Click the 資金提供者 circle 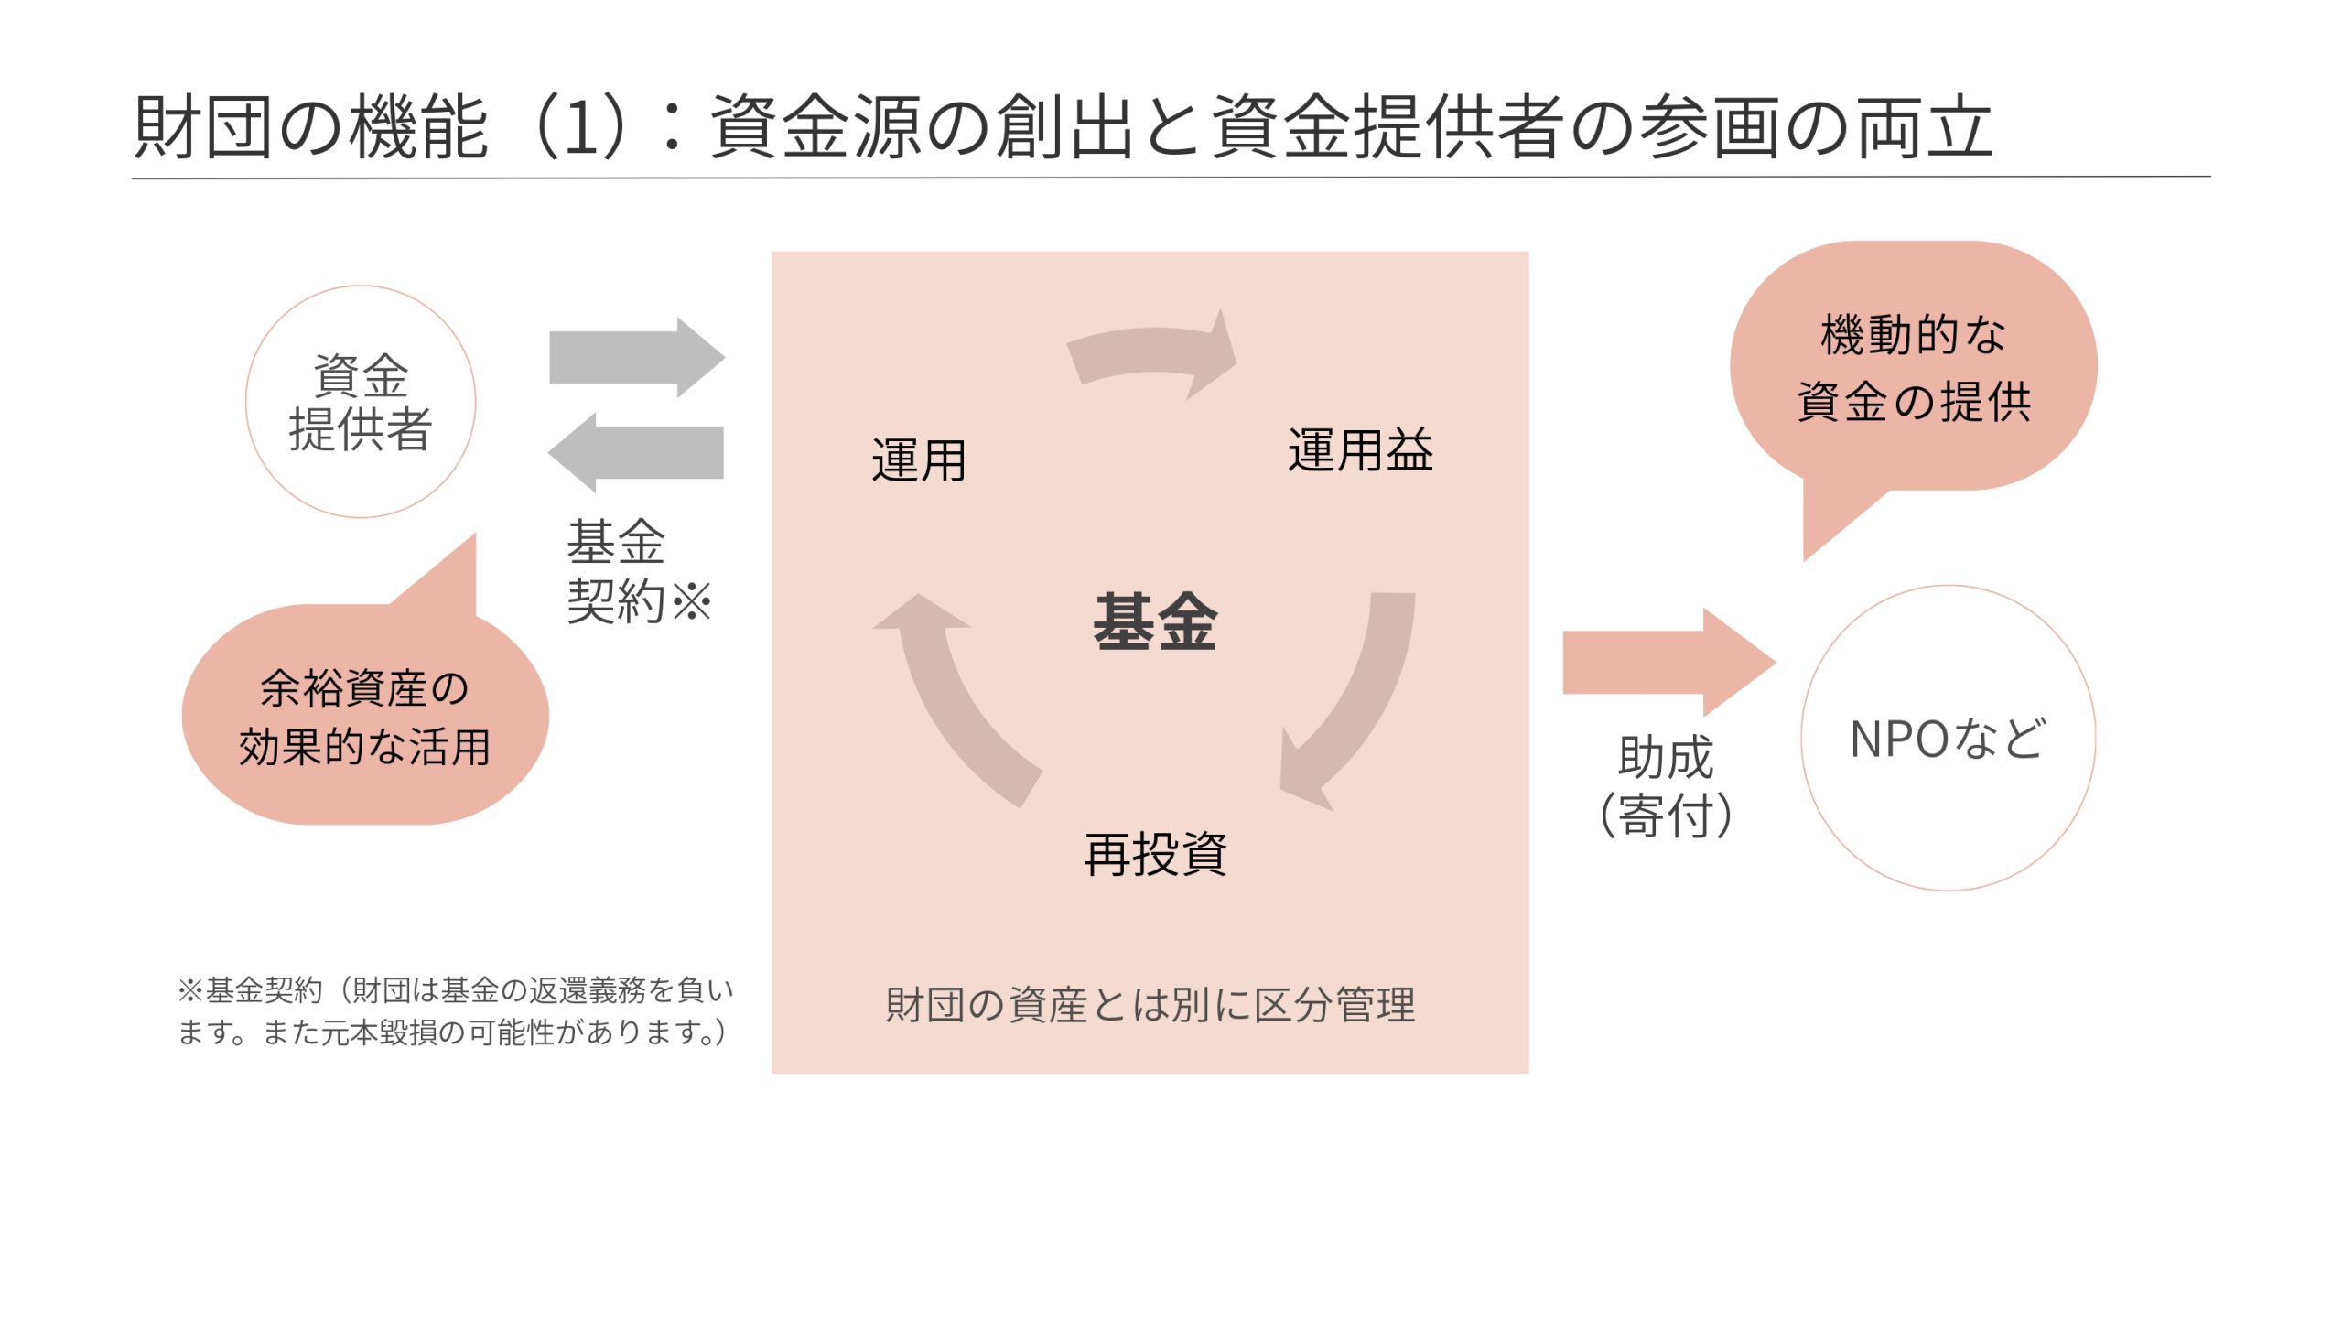coord(361,402)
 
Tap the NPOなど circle coord(1948,738)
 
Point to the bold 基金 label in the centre coord(1155,622)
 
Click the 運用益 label coord(1360,450)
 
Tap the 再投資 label coord(1155,855)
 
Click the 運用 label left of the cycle coord(919,459)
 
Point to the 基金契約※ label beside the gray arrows coord(637,571)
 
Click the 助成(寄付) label coord(1666,785)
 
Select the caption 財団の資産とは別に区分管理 coord(1150,1005)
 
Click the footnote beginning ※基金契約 coord(455,1010)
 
